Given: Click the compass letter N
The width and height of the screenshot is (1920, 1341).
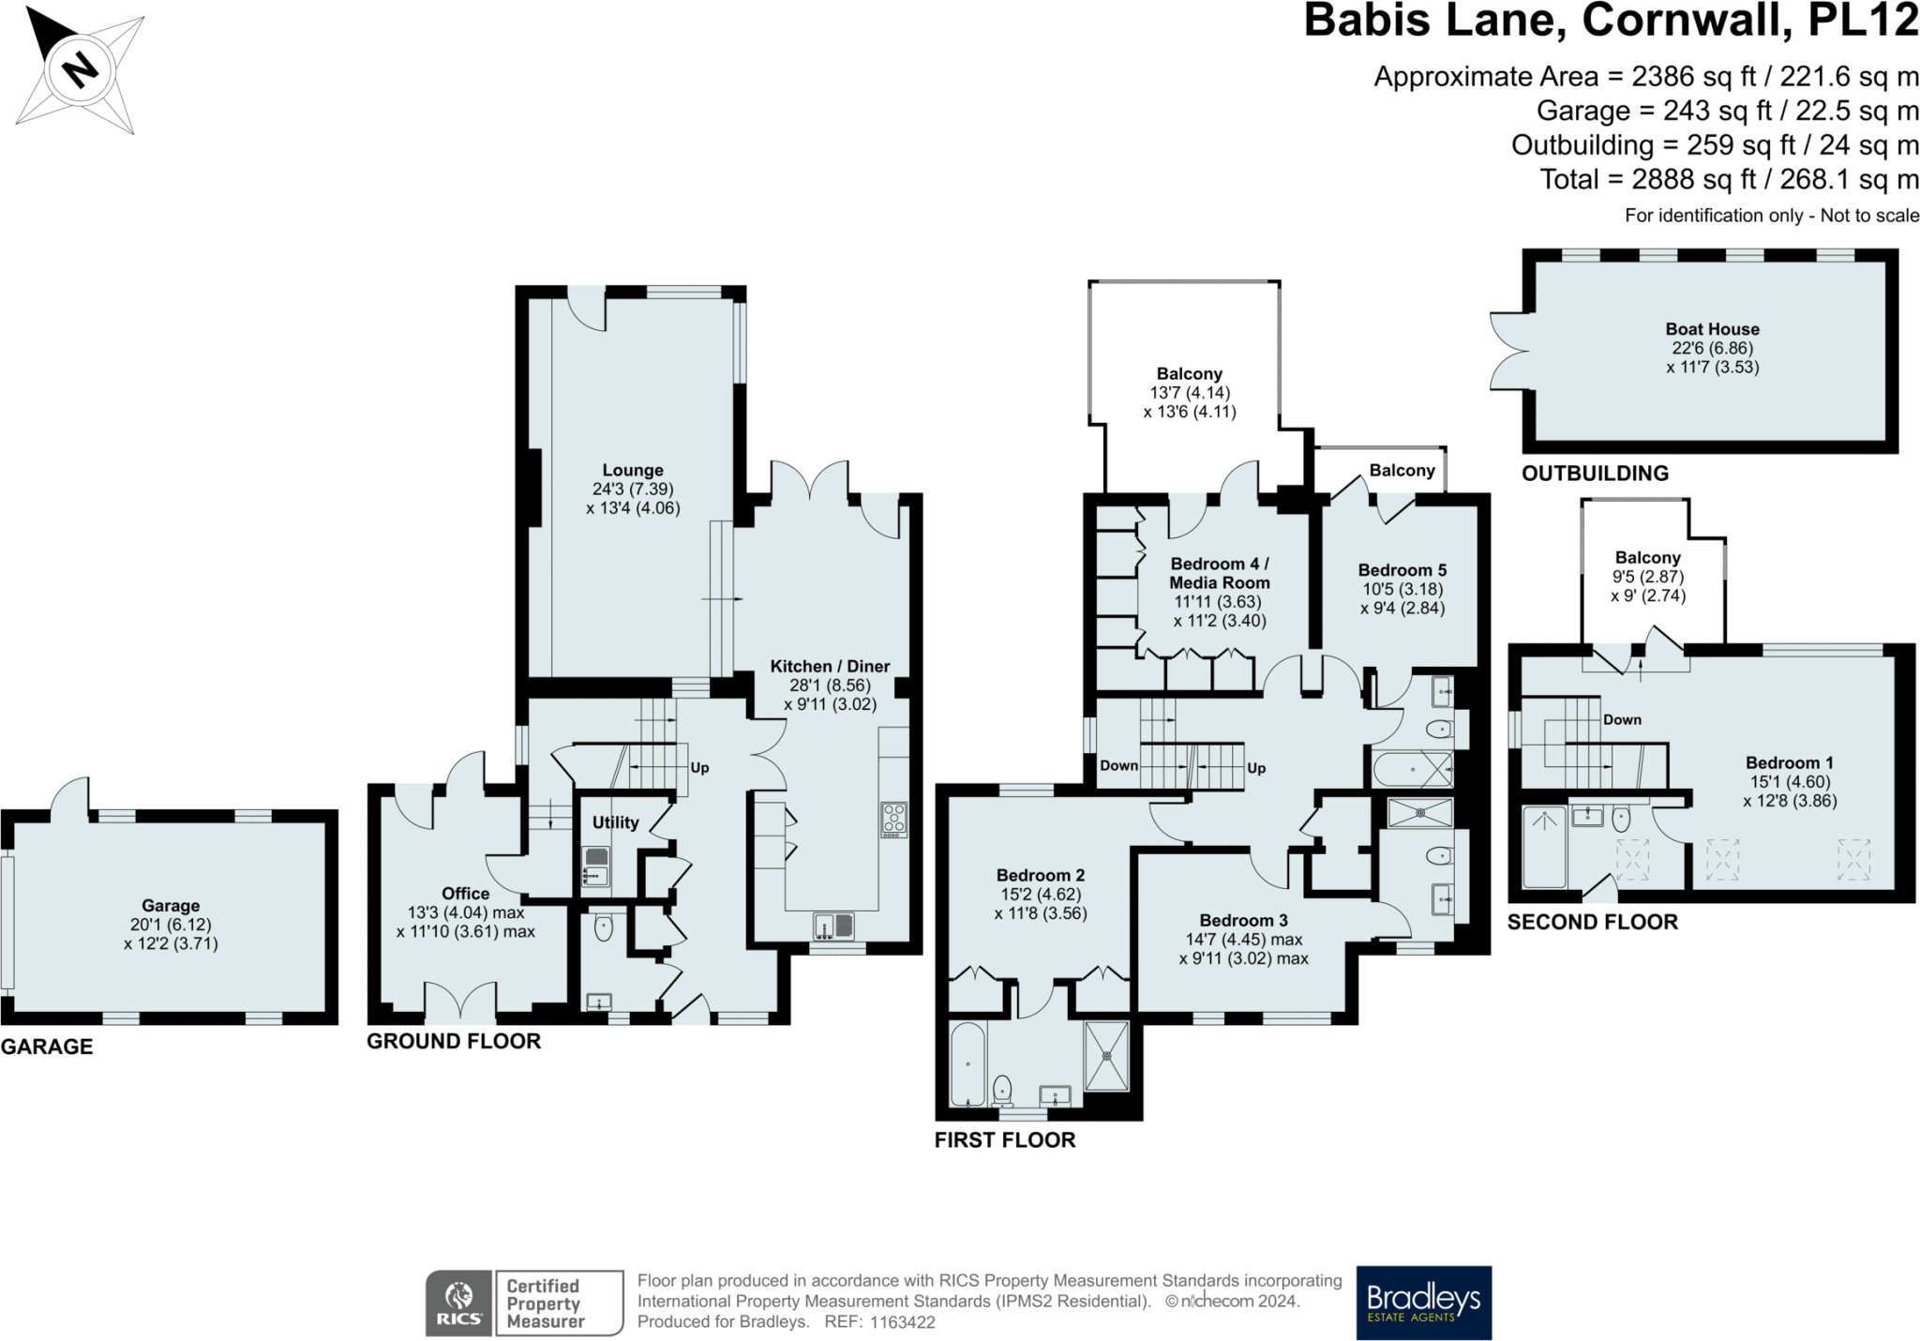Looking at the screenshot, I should point(81,68).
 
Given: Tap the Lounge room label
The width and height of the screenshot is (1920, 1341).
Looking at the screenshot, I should point(633,470).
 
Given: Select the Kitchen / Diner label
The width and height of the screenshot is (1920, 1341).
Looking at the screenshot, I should point(830,666).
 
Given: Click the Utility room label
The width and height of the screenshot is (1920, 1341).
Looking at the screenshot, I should point(615,822).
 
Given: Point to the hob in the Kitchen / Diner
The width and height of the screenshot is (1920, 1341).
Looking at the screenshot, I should point(893,820).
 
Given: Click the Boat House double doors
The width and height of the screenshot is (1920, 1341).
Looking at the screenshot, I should point(1508,351).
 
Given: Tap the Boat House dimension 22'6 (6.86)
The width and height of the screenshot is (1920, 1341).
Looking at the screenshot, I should point(1712,348).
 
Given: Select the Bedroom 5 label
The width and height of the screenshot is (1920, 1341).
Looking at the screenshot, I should point(1402,570).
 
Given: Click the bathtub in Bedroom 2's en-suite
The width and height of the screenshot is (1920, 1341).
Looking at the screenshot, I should point(967,1064).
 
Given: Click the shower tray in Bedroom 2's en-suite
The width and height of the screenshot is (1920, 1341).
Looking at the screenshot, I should point(1107,1055).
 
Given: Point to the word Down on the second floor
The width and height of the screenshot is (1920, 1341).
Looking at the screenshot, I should point(1622,719).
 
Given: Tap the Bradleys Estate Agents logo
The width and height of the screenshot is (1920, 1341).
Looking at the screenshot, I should point(1423,1303).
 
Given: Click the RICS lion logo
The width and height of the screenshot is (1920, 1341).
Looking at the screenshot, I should point(458,1303).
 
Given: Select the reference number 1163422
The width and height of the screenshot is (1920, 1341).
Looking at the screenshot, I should point(902,1322).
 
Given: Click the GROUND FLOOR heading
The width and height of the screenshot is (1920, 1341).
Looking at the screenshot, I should point(454,1041).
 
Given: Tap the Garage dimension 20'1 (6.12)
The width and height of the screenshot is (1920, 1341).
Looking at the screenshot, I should point(171,925).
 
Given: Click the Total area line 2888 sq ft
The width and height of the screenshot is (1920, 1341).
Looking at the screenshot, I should point(1729,179).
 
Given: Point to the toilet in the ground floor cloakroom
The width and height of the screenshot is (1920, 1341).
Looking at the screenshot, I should point(604,928).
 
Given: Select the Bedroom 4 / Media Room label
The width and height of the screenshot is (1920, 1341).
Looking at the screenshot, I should point(1219,573).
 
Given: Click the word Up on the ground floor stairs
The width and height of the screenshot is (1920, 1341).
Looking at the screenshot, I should point(699,767).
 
